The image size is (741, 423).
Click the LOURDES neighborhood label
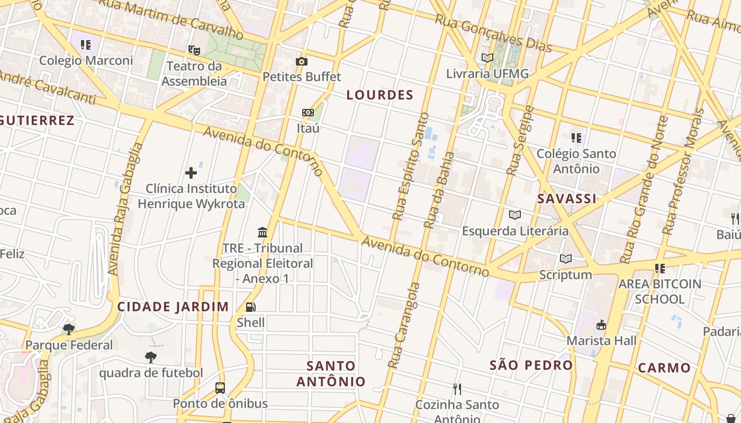tap(379, 95)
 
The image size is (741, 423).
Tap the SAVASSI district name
tap(567, 199)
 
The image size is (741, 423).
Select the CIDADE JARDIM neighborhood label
tap(173, 307)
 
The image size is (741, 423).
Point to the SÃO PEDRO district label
tap(531, 365)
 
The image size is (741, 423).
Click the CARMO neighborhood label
tap(664, 368)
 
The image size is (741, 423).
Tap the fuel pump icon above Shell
tap(251, 307)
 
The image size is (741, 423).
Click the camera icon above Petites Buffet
tap(302, 62)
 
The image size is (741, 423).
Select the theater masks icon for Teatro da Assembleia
tap(194, 51)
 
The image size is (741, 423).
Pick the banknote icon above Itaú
tap(308, 113)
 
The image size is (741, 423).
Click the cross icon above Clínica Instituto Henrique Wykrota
tap(191, 173)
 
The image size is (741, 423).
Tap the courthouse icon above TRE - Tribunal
tap(263, 232)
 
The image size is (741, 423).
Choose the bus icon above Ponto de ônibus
tap(220, 388)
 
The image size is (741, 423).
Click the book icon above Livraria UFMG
tap(487, 58)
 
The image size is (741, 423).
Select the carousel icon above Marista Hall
tap(601, 325)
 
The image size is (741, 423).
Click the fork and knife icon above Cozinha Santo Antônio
tap(457, 389)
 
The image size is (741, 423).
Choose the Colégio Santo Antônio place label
tap(576, 161)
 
